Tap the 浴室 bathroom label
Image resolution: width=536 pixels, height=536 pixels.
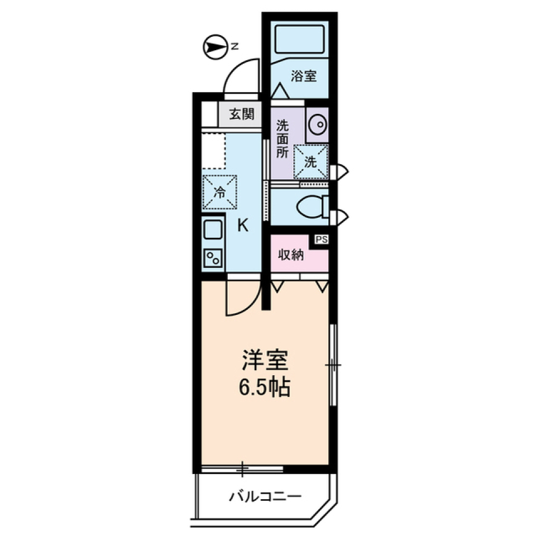pos(304,76)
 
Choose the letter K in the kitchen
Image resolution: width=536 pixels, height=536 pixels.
pos(242,226)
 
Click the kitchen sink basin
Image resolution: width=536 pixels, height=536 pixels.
pos(213,230)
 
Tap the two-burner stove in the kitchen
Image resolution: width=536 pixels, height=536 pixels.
pos(213,258)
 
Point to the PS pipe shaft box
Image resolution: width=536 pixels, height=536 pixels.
pos(321,240)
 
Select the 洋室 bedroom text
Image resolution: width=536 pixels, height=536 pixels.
pos(265,361)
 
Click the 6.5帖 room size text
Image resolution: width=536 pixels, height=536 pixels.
pos(265,387)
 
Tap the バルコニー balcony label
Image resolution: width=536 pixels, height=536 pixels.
pos(266,496)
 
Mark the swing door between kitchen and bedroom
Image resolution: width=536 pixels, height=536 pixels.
pos(242,299)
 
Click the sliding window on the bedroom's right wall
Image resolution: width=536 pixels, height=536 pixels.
pos(333,366)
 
